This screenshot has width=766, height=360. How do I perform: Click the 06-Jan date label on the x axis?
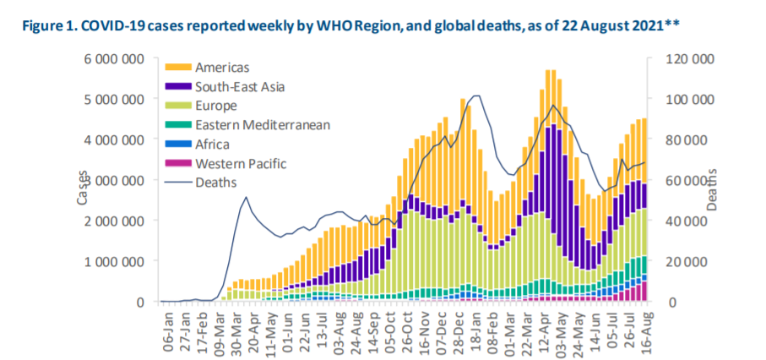pos(168,329)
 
